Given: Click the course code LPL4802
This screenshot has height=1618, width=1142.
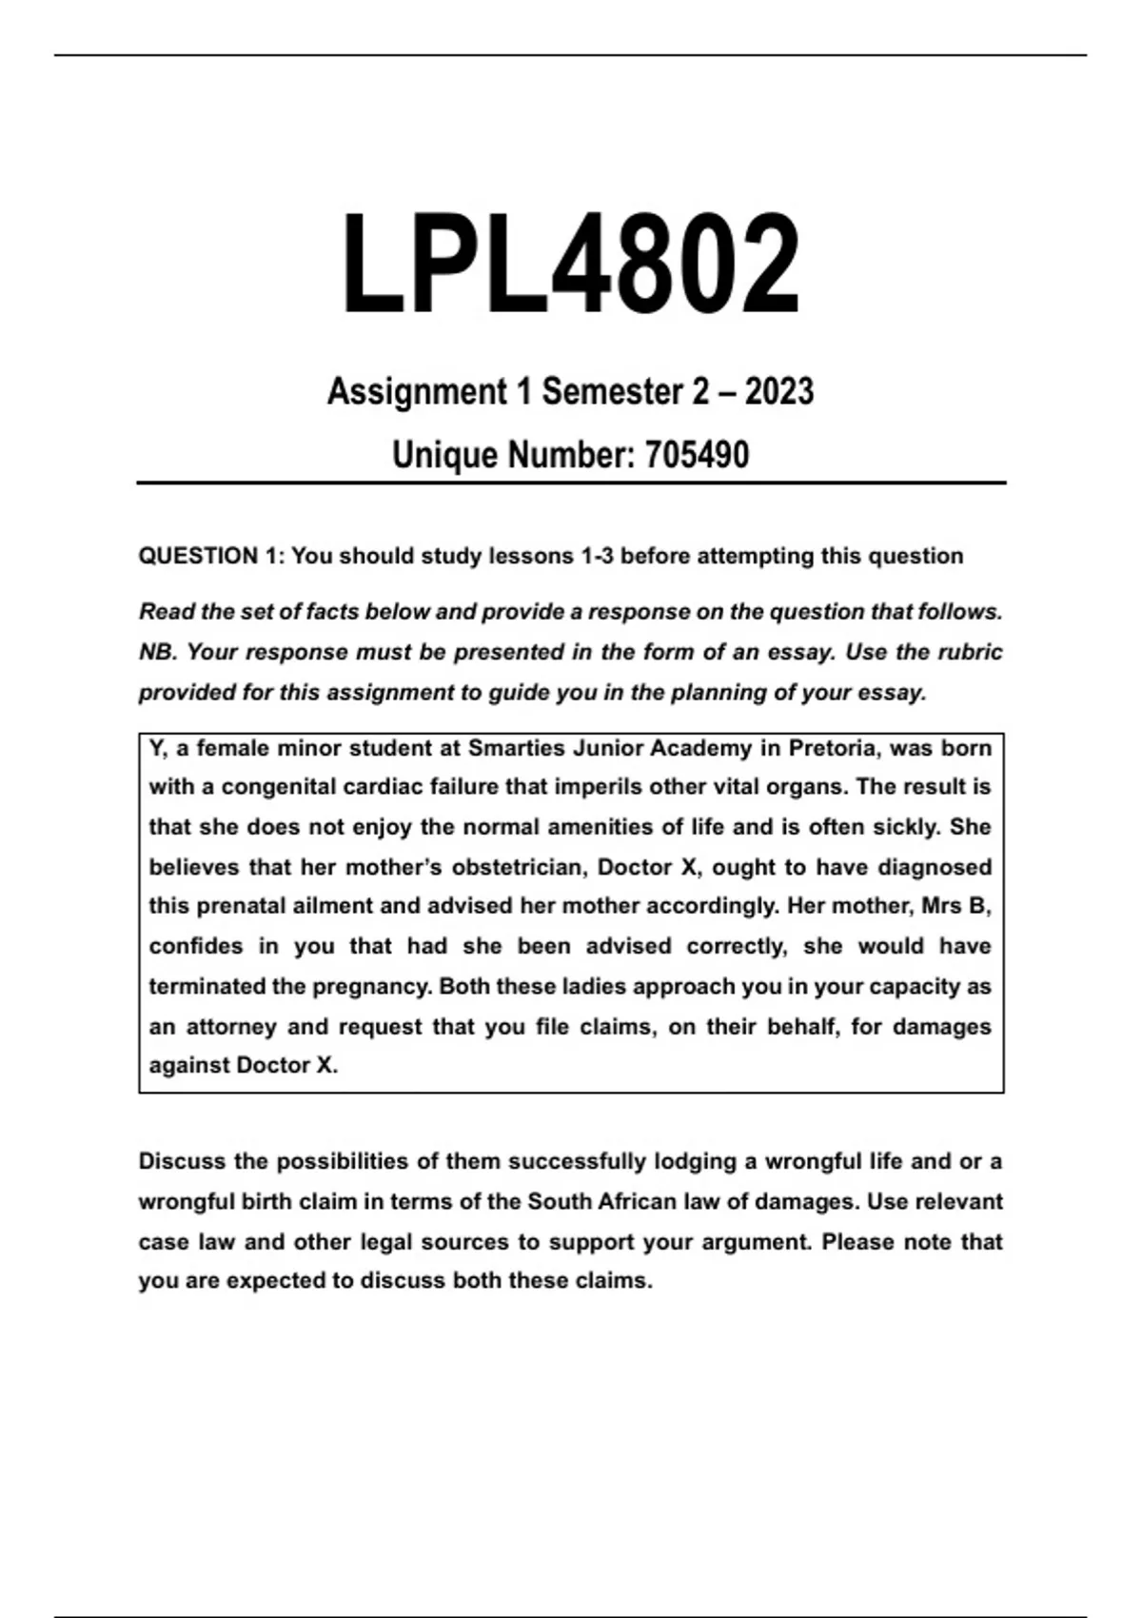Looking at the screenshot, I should point(570,265).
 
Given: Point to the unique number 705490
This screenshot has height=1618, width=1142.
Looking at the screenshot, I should point(697,455).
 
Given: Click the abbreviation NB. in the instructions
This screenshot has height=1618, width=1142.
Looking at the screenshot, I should point(158,653).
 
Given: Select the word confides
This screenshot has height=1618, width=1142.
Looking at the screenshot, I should point(196,947).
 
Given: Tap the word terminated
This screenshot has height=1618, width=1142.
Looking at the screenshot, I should point(207,987).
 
